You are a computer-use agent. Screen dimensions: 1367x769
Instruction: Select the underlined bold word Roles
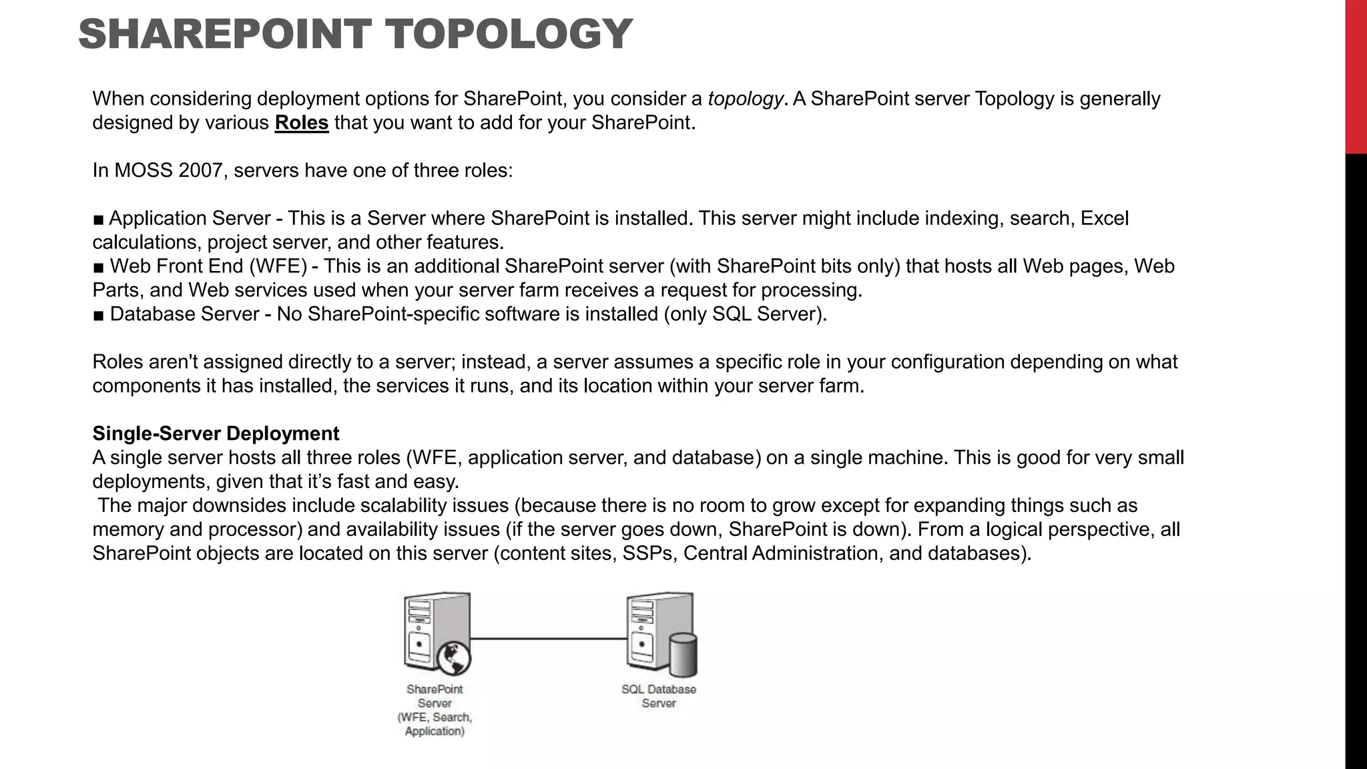[302, 123]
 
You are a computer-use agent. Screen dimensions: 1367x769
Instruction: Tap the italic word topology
[745, 99]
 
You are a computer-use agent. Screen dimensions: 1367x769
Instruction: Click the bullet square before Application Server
[99, 220]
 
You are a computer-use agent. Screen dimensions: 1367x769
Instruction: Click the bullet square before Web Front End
[99, 268]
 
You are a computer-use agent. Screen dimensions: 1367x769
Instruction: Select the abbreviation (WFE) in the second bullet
[278, 266]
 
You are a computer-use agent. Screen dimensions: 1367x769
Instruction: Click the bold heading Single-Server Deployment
[216, 434]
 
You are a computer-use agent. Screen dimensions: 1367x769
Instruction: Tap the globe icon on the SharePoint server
[454, 658]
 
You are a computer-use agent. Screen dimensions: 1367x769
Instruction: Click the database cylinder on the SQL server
[683, 656]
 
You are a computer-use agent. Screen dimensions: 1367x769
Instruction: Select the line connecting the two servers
[549, 639]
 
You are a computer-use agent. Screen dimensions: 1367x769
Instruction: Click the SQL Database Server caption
[659, 696]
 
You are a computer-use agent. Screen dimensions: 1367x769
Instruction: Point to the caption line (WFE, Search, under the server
[435, 718]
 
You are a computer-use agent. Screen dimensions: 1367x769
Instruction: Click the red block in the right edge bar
[1356, 77]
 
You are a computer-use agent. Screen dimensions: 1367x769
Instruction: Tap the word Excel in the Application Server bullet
[1105, 219]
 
